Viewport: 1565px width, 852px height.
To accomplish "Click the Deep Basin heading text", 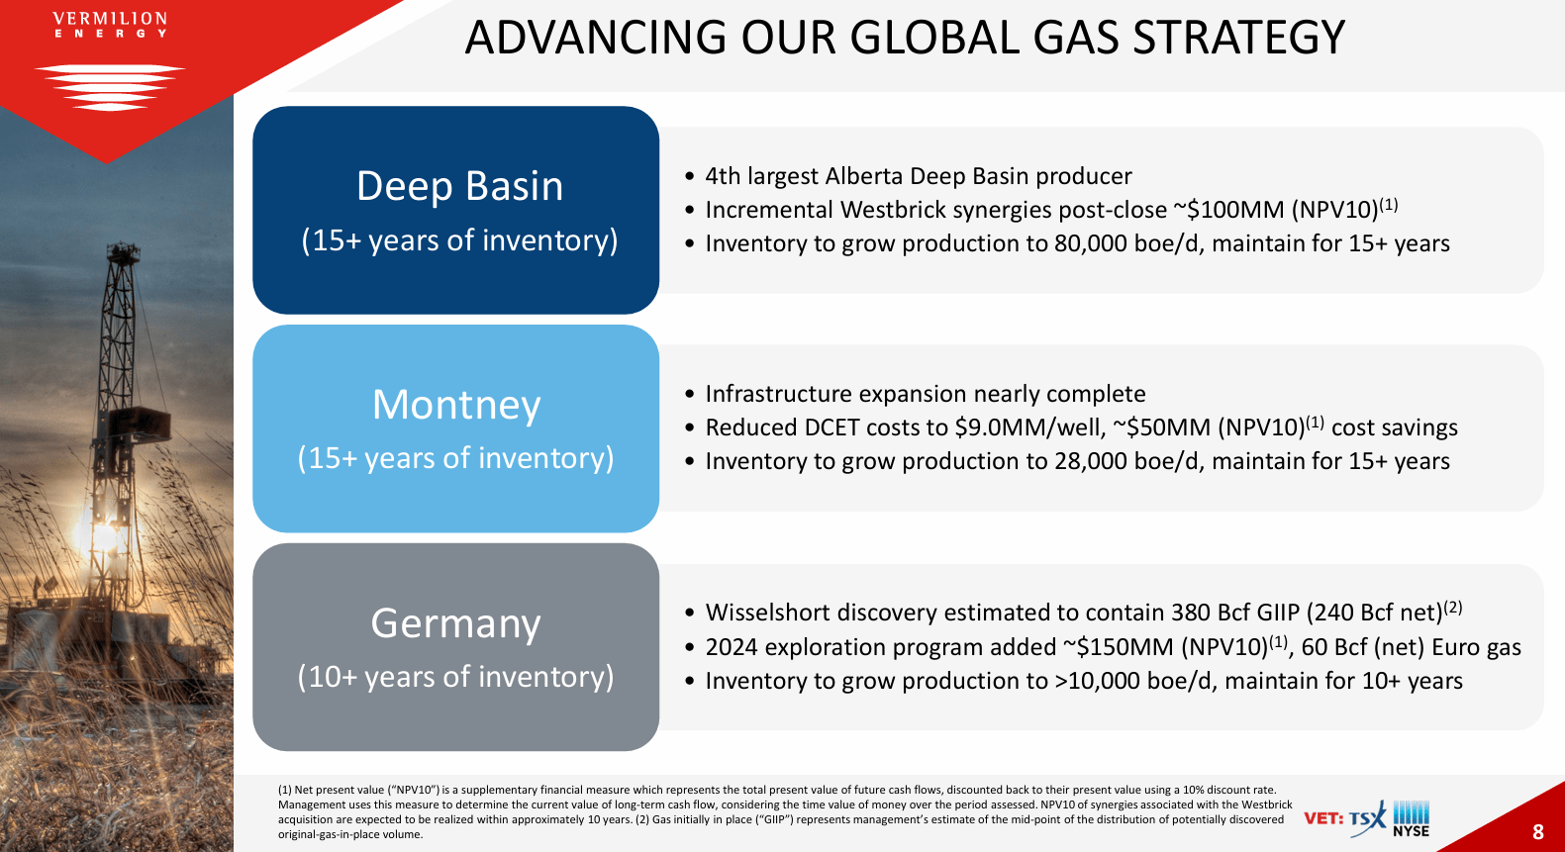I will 459,186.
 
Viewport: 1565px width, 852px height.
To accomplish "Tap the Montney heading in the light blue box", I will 456,405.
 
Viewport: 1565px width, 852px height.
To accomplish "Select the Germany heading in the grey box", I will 455,623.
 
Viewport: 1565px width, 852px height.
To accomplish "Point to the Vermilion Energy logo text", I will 110,25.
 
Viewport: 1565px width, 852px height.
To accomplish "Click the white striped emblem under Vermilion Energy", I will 110,86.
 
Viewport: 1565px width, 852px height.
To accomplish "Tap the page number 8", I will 1537,832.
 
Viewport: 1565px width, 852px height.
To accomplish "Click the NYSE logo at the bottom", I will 1411,819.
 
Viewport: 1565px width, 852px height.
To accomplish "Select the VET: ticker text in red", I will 1322,818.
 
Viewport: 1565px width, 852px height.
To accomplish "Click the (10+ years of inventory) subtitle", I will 455,677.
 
